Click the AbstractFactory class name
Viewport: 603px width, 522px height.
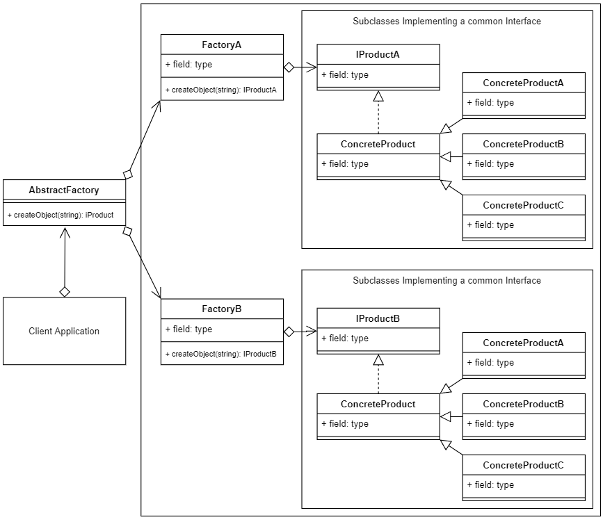[x=64, y=190]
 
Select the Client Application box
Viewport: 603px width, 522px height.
[x=64, y=331]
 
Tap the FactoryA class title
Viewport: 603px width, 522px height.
[x=222, y=44]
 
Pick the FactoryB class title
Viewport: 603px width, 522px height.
[x=222, y=309]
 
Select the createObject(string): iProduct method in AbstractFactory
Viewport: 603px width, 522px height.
[x=61, y=215]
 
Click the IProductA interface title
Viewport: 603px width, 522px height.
[x=378, y=54]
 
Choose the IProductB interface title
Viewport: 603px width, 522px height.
[x=378, y=318]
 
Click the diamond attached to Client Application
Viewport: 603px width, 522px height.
[x=65, y=291]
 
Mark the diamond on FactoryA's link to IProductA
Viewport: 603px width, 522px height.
[x=289, y=67]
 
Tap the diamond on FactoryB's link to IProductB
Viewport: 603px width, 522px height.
[x=289, y=332]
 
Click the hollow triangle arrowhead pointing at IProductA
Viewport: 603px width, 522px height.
[x=378, y=96]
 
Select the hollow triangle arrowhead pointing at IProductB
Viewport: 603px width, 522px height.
[x=378, y=360]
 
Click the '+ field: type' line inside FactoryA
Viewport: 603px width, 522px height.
[x=189, y=65]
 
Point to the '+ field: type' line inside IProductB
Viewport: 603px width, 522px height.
[x=345, y=339]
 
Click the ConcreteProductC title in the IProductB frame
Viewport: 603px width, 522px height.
[x=523, y=465]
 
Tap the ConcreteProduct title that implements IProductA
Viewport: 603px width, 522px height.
[x=378, y=144]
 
